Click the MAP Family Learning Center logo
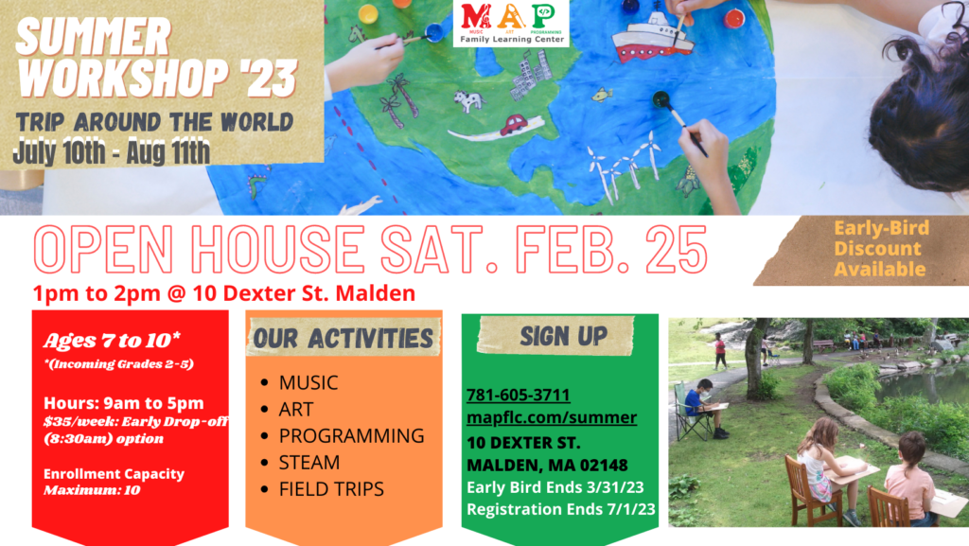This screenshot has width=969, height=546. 511,24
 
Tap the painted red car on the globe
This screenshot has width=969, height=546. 514,125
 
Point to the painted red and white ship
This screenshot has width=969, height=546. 653,37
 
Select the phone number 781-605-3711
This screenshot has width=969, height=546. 518,395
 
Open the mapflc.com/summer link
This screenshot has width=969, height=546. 552,417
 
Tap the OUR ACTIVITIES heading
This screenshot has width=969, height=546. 343,339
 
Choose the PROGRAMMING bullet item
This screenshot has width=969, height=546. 351,435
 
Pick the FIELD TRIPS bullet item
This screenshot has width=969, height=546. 331,489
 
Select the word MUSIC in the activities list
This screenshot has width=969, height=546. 308,383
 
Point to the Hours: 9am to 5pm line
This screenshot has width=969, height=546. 124,403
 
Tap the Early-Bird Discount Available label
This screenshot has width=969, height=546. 881,248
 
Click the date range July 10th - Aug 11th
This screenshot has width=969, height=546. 112,152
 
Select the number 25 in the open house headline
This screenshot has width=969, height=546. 677,250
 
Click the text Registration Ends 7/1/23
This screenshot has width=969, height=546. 560,509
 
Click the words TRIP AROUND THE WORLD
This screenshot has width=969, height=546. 154,122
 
